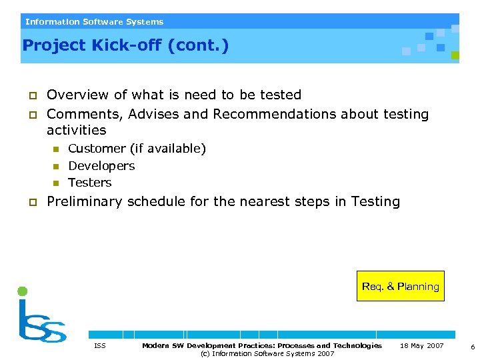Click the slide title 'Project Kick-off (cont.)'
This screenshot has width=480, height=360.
pyautogui.click(x=125, y=45)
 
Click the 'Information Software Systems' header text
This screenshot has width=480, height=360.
pyautogui.click(x=94, y=22)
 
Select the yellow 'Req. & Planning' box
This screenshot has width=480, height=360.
pyautogui.click(x=400, y=287)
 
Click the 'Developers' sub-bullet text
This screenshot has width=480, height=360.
pyautogui.click(x=101, y=165)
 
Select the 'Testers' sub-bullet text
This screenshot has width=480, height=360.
pyautogui.click(x=90, y=183)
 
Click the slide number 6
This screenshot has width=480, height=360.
pyautogui.click(x=472, y=347)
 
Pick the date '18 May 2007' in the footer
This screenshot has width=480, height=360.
pyautogui.click(x=421, y=345)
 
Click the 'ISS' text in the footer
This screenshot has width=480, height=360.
pyautogui.click(x=100, y=345)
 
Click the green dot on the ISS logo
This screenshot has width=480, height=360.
pyautogui.click(x=23, y=291)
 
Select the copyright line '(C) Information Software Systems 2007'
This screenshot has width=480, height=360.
pyautogui.click(x=267, y=353)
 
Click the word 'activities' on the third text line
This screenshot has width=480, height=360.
pyautogui.click(x=76, y=130)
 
